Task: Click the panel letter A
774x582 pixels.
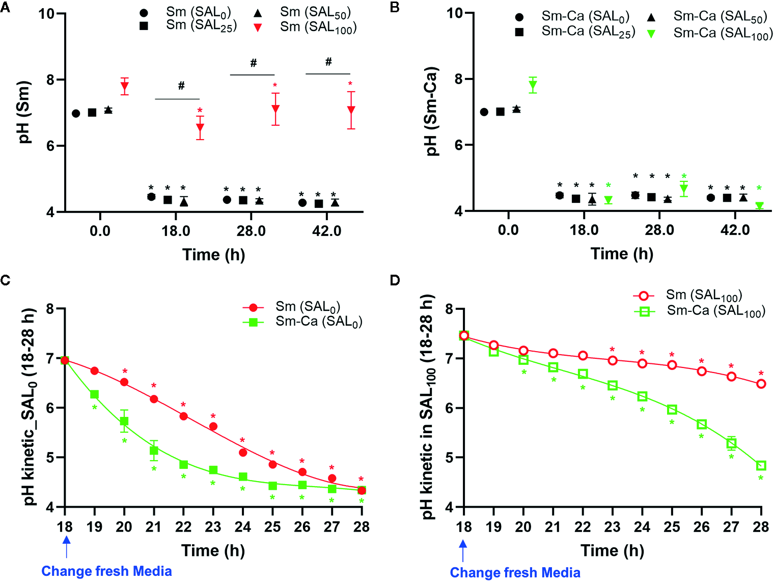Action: pos(5,8)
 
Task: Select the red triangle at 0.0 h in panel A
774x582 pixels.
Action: pos(124,87)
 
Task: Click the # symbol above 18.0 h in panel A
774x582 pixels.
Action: pos(181,86)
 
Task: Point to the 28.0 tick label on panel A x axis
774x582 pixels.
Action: pos(251,231)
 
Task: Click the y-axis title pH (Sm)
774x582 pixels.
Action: pos(25,112)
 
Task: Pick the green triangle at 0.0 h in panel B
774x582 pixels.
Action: pos(533,86)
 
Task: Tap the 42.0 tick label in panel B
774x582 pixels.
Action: pos(735,230)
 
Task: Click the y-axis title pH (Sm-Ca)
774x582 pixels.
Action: pos(432,111)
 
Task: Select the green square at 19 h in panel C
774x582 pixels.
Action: pos(94,394)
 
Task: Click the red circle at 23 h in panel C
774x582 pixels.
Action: pos(213,426)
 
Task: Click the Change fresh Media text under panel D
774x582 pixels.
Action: pos(515,573)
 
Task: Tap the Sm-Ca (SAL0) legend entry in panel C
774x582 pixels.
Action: pos(318,322)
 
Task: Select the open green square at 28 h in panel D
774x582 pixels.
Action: pos(761,465)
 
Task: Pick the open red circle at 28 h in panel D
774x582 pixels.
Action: pos(761,384)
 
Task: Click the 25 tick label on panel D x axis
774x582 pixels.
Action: pos(672,527)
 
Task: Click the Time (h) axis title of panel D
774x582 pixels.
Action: pos(612,550)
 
